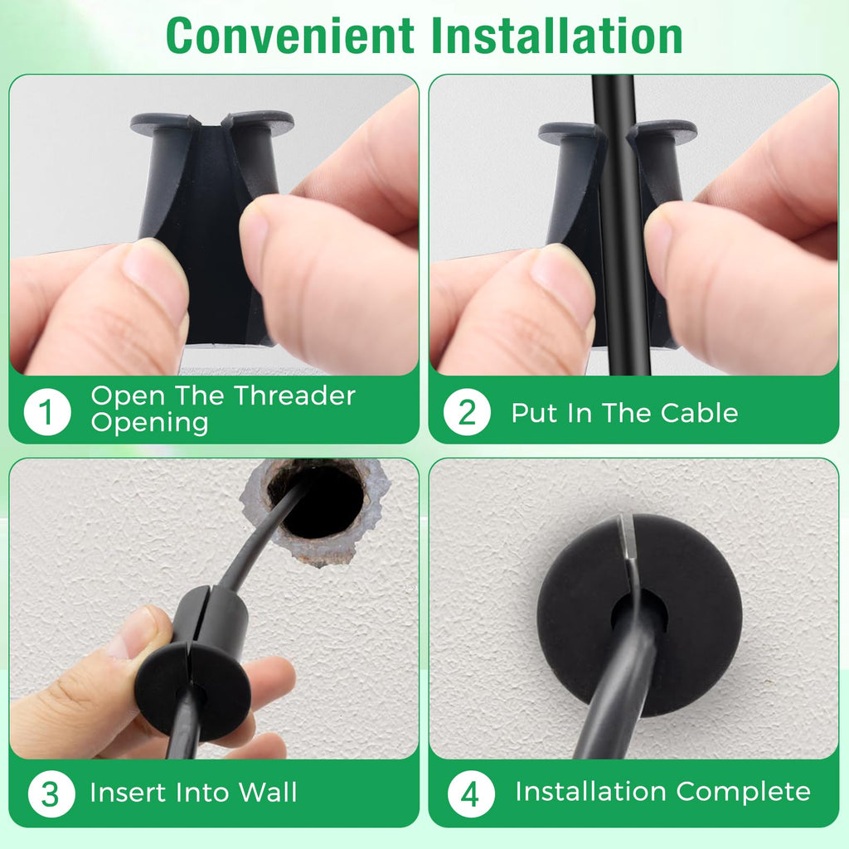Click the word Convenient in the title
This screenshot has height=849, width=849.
pyautogui.click(x=290, y=36)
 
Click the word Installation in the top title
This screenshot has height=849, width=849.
pyautogui.click(x=556, y=36)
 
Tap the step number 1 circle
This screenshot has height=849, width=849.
pyautogui.click(x=47, y=411)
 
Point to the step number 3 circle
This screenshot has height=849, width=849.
pyautogui.click(x=51, y=793)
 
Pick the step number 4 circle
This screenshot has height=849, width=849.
pyautogui.click(x=471, y=793)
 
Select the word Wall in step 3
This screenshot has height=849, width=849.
pyautogui.click(x=268, y=792)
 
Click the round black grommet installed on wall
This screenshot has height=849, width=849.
pyautogui.click(x=639, y=616)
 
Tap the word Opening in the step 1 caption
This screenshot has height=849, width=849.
pyautogui.click(x=149, y=423)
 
